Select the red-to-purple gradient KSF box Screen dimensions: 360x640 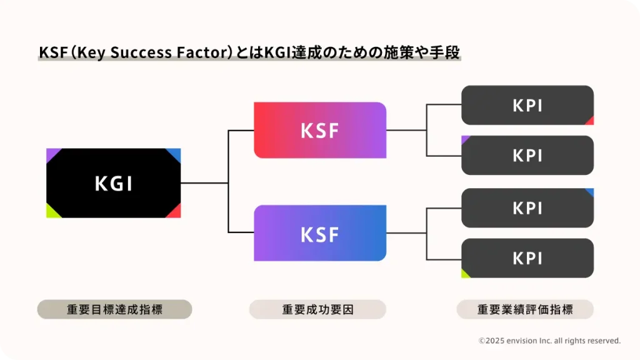(x=319, y=130)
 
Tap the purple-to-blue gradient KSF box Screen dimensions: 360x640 (x=319, y=233)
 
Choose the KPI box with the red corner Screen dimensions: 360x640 (x=527, y=105)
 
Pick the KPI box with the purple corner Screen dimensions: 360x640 (x=527, y=155)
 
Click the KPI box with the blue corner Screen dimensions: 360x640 (x=527, y=207)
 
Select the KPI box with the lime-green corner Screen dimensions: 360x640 (x=527, y=257)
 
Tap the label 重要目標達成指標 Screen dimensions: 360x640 (x=114, y=309)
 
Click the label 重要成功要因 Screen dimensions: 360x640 (x=317, y=309)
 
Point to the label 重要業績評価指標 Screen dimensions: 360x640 (x=525, y=309)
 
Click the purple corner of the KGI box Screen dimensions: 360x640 (x=51, y=153)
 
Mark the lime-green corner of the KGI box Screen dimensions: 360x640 (x=51, y=212)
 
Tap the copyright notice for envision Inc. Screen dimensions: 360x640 (x=549, y=341)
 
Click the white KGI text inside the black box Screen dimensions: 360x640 (x=113, y=183)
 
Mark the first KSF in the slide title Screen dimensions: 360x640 (x=52, y=52)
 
